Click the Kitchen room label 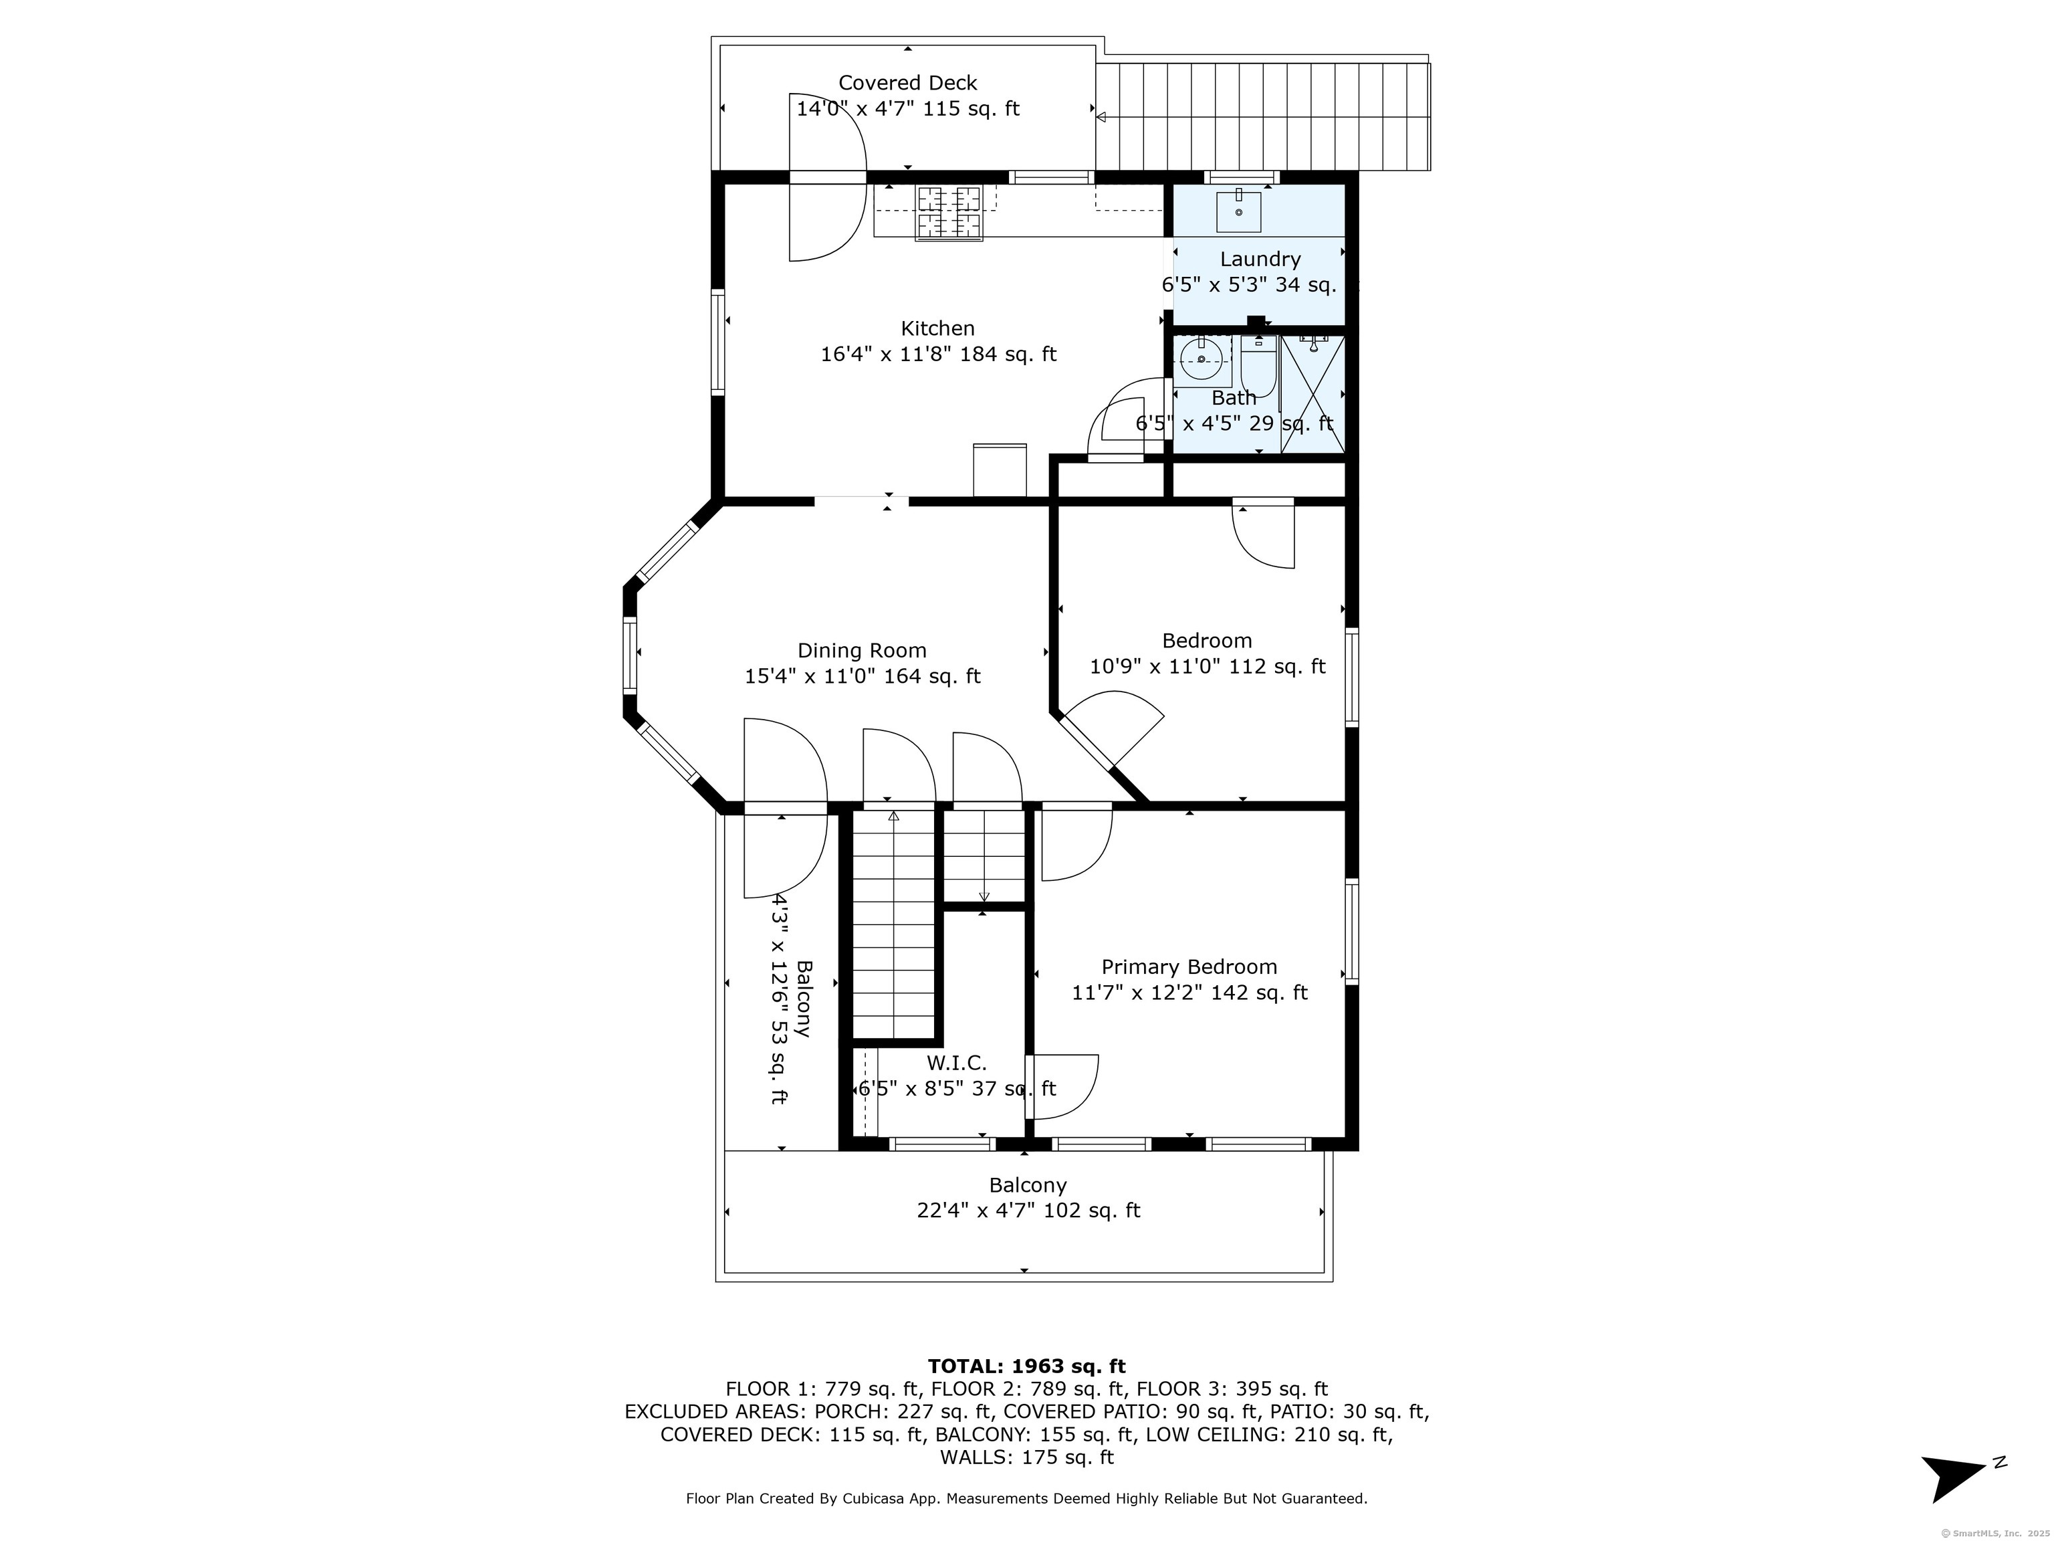(x=938, y=329)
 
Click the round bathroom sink (x=1202, y=359)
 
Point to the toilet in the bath (x=1259, y=367)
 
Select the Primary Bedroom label (x=1189, y=967)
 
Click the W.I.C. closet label (x=956, y=1063)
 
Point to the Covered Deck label (x=908, y=83)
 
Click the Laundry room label (x=1260, y=259)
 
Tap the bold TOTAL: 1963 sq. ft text (x=1027, y=1366)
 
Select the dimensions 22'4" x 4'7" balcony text (x=1028, y=1211)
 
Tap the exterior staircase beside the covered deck (x=1263, y=117)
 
